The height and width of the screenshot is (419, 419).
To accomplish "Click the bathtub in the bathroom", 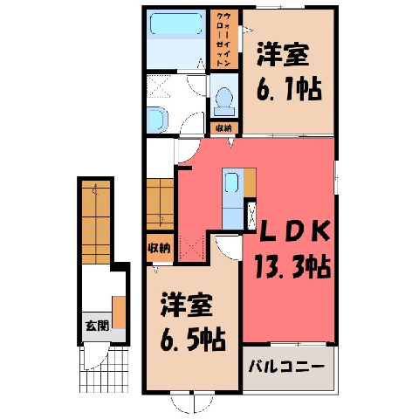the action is (176, 24).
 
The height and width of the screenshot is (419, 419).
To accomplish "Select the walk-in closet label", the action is (224, 39).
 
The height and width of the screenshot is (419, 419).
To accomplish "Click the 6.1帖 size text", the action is (289, 90).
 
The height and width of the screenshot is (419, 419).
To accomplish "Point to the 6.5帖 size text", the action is (193, 340).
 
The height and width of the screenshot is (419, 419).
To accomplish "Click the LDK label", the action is (294, 230).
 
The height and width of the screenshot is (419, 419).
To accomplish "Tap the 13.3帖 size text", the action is (292, 266).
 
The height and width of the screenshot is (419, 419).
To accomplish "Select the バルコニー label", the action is (286, 367).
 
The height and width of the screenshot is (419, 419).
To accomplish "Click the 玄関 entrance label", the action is (97, 326).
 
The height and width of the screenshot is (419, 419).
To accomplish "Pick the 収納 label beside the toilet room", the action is (223, 128).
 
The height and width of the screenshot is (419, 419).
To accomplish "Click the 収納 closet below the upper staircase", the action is (160, 248).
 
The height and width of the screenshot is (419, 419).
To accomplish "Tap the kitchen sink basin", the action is (232, 182).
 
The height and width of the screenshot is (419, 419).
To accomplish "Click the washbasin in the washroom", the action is (157, 120).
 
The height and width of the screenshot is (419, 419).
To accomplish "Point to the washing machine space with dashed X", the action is (159, 86).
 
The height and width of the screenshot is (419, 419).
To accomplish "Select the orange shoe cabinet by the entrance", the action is (119, 313).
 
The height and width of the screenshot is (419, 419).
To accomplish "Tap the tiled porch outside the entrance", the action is (104, 369).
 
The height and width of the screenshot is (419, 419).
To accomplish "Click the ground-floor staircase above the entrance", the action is (96, 223).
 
